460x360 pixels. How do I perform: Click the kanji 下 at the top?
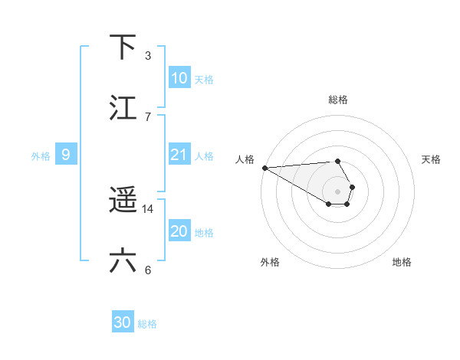[123, 47]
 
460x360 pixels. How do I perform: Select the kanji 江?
[123, 108]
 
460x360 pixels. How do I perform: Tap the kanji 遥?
[123, 201]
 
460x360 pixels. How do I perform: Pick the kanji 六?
[123, 261]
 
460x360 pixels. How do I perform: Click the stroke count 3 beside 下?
[148, 55]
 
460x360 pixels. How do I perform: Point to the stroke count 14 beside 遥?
[148, 209]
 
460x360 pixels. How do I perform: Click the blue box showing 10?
[179, 78]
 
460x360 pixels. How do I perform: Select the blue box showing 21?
[179, 155]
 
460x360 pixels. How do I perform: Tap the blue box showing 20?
[179, 231]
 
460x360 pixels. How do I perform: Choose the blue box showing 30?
[123, 322]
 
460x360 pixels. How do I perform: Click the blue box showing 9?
[66, 155]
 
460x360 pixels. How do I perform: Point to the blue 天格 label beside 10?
[204, 79]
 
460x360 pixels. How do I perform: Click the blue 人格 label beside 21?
[204, 155]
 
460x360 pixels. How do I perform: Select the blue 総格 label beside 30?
[147, 323]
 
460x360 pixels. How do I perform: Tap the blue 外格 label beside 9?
[41, 155]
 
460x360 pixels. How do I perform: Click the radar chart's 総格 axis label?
[338, 100]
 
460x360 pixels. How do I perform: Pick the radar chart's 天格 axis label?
[432, 159]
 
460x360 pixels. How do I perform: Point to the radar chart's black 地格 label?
[402, 262]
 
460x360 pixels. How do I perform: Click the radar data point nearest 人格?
[264, 168]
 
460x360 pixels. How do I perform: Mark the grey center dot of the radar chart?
[338, 191]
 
